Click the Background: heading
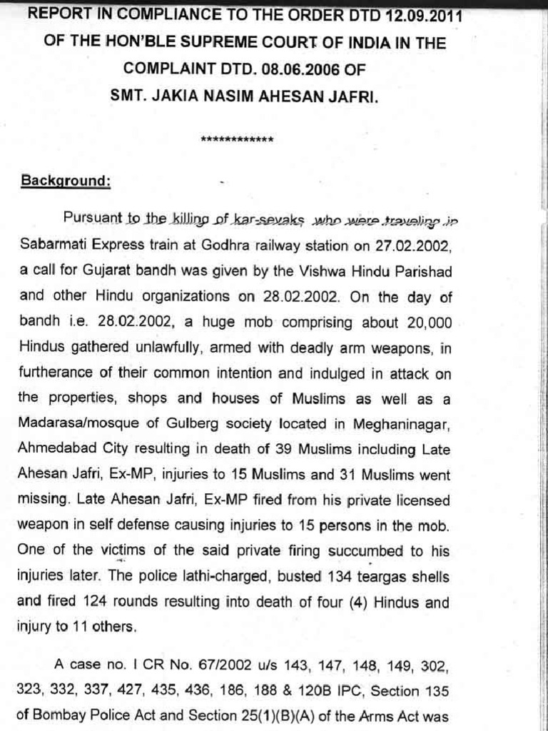pyautogui.click(x=64, y=181)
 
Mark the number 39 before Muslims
pyautogui.click(x=250, y=449)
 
